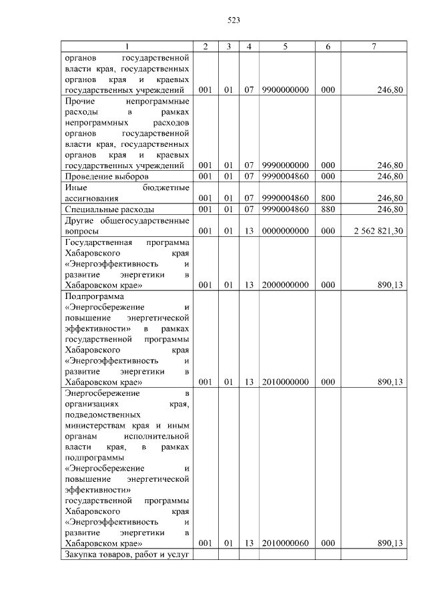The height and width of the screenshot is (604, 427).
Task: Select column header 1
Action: point(127,46)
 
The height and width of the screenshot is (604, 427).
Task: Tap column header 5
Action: point(285,46)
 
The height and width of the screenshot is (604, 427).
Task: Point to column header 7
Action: point(374,46)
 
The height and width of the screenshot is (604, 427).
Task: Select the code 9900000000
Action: point(285,89)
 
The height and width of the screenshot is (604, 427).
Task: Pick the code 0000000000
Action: point(285,230)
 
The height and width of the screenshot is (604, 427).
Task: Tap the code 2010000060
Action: point(285,543)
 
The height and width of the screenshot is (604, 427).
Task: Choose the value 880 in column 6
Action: point(327,209)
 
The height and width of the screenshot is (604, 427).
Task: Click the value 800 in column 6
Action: point(327,198)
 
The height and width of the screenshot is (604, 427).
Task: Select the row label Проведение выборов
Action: point(101,176)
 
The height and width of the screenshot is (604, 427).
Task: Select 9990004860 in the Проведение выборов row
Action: point(285,176)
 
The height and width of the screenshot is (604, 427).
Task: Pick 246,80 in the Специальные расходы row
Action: point(390,209)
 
